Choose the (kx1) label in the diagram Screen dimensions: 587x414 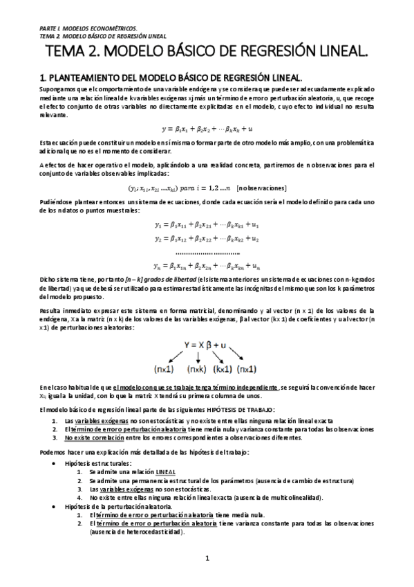(225, 368)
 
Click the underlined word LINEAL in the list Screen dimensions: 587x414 (166, 471)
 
